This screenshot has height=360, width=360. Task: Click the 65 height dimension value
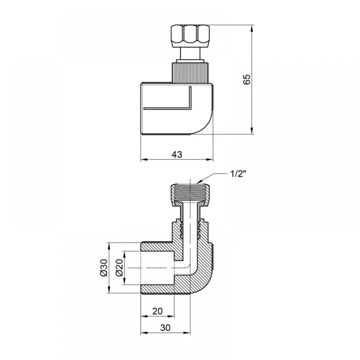(x=247, y=79)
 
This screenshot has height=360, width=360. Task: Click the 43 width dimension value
(x=177, y=154)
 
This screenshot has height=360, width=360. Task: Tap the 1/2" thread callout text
(x=238, y=174)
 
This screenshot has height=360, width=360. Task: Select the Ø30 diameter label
(x=104, y=267)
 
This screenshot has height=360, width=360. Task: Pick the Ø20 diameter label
(x=120, y=267)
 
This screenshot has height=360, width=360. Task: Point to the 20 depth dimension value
(x=158, y=311)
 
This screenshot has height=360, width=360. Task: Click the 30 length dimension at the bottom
(x=165, y=328)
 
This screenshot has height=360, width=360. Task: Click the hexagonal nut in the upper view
(x=190, y=36)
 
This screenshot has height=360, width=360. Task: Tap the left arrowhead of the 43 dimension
(x=144, y=159)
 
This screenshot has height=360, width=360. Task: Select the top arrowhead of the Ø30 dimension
(x=109, y=246)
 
